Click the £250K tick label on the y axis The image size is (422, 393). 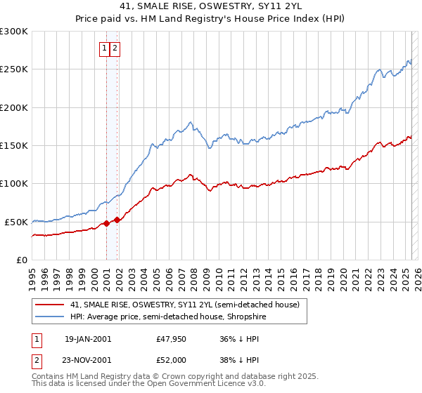13,69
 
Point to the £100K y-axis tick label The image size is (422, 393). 13,183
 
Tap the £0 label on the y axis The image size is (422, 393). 21,260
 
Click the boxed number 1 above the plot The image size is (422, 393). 104,48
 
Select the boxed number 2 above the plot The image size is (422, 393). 115,48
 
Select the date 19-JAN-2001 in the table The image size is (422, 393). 87,339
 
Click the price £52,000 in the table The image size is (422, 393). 171,360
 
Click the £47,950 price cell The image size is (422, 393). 171,339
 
